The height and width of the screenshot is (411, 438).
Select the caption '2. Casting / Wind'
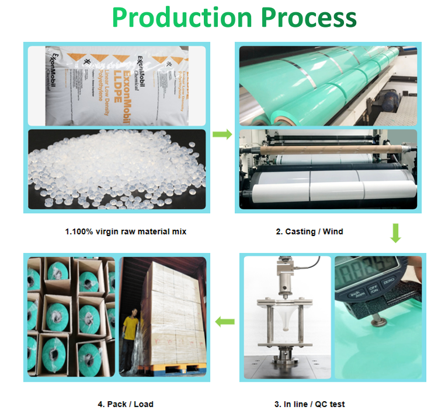tap(309, 231)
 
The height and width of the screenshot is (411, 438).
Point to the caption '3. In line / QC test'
tap(310, 403)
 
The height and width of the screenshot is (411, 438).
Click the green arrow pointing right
tap(221, 135)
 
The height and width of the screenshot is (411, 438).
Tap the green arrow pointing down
tap(395, 233)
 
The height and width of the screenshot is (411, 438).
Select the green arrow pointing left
tap(225, 321)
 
